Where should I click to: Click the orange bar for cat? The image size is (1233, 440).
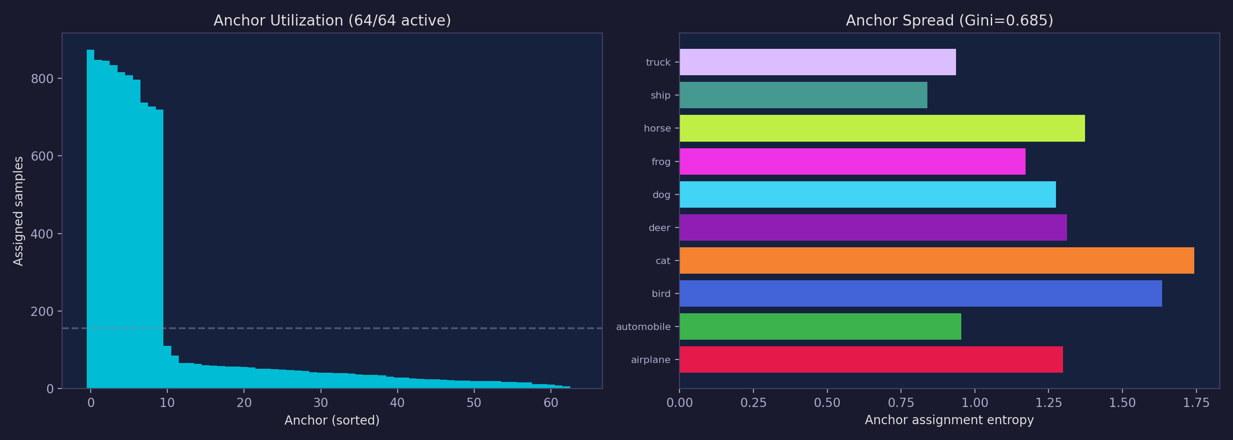pyautogui.click(x=936, y=260)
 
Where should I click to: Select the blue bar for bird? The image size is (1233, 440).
pyautogui.click(x=920, y=293)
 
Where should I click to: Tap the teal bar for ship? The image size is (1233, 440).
pyautogui.click(x=803, y=95)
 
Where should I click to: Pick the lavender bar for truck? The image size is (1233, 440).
pyautogui.click(x=818, y=62)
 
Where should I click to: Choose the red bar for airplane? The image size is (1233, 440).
pyautogui.click(x=871, y=359)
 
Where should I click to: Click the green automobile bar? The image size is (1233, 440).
pyautogui.click(x=820, y=326)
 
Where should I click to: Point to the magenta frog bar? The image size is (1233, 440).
pyautogui.click(x=852, y=161)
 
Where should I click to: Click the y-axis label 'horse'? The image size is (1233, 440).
pyautogui.click(x=657, y=128)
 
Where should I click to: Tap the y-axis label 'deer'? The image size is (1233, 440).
pyautogui.click(x=659, y=227)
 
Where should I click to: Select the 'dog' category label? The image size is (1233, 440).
pyautogui.click(x=661, y=194)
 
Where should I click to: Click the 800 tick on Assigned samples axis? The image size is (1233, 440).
pyautogui.click(x=42, y=79)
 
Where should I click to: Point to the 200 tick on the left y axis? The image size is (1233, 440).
pyautogui.click(x=42, y=312)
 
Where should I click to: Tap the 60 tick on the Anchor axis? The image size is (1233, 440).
pyautogui.click(x=550, y=403)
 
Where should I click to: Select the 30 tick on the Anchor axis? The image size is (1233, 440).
pyautogui.click(x=321, y=403)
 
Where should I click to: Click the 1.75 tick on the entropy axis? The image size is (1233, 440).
pyautogui.click(x=1196, y=403)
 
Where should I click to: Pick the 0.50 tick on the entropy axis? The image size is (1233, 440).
pyautogui.click(x=827, y=403)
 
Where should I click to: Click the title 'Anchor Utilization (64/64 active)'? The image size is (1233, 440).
pyautogui.click(x=332, y=21)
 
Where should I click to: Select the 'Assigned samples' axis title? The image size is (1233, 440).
pyautogui.click(x=18, y=210)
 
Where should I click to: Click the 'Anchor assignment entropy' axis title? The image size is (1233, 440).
pyautogui.click(x=949, y=420)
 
